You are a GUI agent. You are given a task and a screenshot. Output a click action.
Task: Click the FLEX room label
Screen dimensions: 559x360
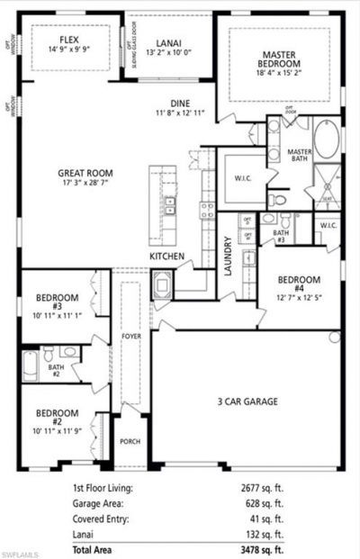67,41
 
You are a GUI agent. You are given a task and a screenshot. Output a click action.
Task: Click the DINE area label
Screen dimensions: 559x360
182,104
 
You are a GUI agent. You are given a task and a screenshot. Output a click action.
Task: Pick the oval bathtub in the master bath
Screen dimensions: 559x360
327,142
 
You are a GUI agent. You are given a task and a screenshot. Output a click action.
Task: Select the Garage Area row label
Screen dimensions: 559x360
100,503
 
